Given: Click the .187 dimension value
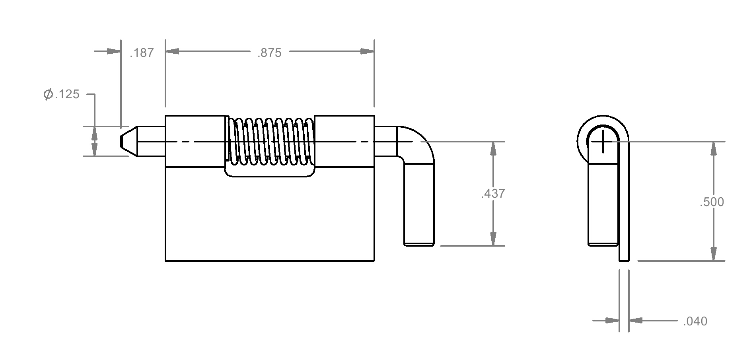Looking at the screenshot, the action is [142, 53].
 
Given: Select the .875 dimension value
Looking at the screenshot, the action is [269, 53].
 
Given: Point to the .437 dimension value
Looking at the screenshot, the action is [493, 194].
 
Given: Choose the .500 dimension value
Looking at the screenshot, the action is [712, 202].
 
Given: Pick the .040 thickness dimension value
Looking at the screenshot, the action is [695, 321].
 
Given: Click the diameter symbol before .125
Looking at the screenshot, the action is [49, 94].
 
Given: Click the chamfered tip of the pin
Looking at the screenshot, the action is [129, 141].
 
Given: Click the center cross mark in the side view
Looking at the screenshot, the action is [603, 141].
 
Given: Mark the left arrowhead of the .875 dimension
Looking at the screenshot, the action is [172, 51].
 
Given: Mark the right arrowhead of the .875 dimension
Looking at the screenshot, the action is [367, 51].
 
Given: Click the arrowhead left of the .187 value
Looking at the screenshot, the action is [113, 51].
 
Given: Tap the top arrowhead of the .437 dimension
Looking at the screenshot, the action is [493, 148].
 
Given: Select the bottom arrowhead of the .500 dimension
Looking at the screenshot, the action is [714, 254].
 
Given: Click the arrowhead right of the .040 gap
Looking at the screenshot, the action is [636, 320].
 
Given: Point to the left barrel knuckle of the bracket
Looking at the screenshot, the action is [195, 141].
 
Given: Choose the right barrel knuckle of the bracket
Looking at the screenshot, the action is [344, 141].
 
